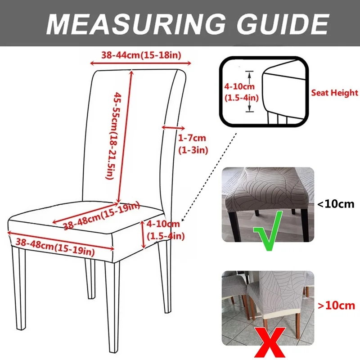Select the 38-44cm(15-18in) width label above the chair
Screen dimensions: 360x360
tap(141, 55)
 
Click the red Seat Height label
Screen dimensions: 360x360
tap(335, 93)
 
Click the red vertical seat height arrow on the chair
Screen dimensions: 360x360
tap(143, 234)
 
